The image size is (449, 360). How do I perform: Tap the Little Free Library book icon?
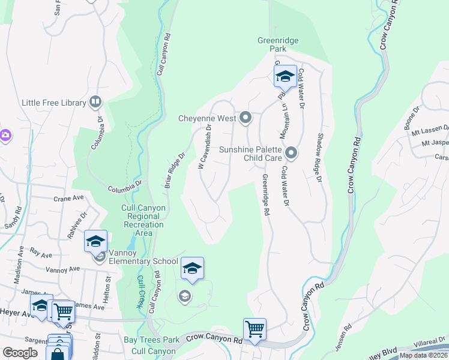(x=95, y=103)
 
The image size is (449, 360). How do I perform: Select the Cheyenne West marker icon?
(x=245, y=118)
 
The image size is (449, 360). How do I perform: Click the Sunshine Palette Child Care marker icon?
(x=291, y=154)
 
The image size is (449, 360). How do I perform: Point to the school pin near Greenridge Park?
(x=285, y=77)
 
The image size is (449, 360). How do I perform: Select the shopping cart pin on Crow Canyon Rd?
(x=255, y=329)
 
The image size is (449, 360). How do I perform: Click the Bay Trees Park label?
(x=151, y=340)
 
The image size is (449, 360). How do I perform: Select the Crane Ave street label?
(x=68, y=198)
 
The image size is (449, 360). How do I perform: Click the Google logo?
(x=20, y=353)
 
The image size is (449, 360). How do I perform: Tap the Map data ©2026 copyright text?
(x=423, y=355)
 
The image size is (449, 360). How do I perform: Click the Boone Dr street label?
(x=414, y=121)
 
